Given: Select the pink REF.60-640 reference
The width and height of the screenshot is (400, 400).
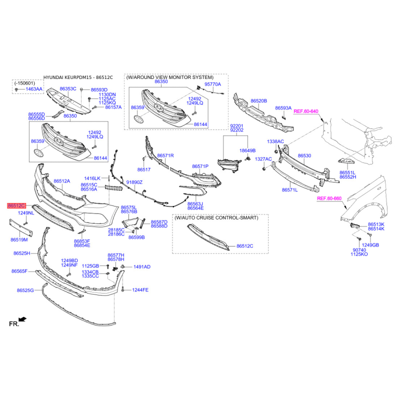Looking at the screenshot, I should pyautogui.click(x=305, y=111).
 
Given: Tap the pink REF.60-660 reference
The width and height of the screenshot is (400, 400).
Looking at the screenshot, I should pyautogui.click(x=329, y=198).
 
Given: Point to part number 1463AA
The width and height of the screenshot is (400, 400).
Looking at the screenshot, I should pyautogui.click(x=34, y=88).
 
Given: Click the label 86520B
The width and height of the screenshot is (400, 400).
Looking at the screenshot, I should pyautogui.click(x=258, y=100).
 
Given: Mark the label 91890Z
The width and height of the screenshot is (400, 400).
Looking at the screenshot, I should pyautogui.click(x=134, y=182).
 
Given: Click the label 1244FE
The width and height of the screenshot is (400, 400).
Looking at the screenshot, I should pyautogui.click(x=140, y=290).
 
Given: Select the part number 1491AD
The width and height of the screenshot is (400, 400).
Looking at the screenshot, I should pyautogui.click(x=141, y=267).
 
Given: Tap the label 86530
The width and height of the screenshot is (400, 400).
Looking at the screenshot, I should pyautogui.click(x=304, y=155).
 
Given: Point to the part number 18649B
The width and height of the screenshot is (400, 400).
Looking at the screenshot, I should pyautogui.click(x=247, y=150).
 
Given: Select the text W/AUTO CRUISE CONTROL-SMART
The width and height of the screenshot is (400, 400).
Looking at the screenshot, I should pyautogui.click(x=216, y=218).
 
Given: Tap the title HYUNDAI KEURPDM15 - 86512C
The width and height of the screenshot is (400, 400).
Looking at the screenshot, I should pyautogui.click(x=78, y=77).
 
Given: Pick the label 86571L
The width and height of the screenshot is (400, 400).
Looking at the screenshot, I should pyautogui.click(x=289, y=190).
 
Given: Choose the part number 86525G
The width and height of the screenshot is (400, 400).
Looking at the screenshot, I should pyautogui.click(x=25, y=290).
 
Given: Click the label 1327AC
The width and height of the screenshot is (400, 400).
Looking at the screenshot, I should pyautogui.click(x=263, y=159).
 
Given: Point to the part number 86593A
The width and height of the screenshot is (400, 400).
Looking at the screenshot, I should pyautogui.click(x=283, y=107).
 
